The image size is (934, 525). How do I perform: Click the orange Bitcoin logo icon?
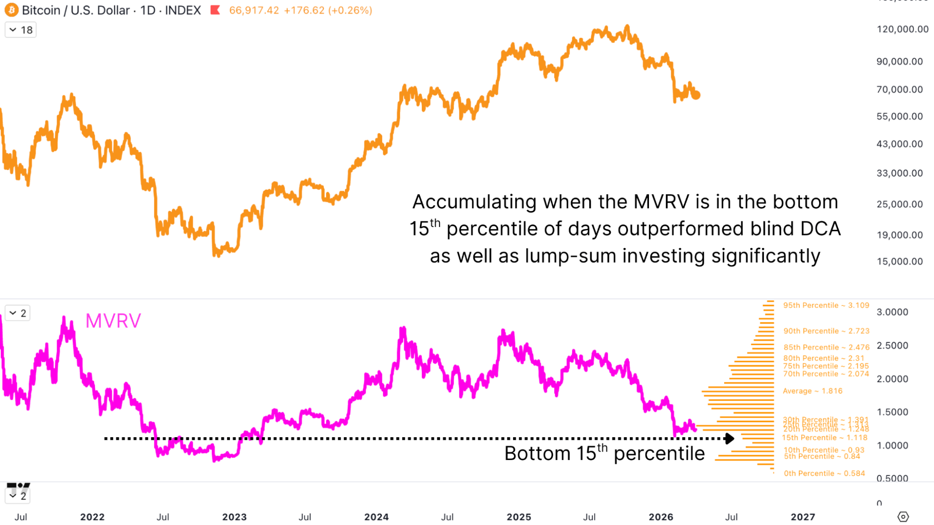11,10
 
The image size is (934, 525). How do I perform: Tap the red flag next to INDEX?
215,10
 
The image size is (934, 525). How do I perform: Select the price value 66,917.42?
254,10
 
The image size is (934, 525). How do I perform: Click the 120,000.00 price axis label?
902,29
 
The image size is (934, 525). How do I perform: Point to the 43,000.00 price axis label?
899,144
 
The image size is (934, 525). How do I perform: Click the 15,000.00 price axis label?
899,262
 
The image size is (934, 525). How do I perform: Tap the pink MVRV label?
113,321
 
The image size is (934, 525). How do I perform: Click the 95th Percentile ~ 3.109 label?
826,305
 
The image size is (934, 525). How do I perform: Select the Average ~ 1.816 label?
813,391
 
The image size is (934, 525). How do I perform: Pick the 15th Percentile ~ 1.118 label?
825,438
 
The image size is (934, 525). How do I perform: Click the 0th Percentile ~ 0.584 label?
824,473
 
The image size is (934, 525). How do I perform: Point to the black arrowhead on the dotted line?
729,439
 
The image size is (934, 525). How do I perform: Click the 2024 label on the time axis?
377,517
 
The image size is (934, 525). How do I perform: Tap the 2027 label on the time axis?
803,517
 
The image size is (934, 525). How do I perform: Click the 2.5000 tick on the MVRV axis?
892,346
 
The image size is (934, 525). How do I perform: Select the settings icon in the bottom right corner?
903,517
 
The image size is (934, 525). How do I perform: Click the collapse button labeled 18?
21,30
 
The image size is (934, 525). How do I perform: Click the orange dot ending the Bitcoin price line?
696,95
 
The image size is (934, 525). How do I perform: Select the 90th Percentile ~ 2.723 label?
826,331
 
